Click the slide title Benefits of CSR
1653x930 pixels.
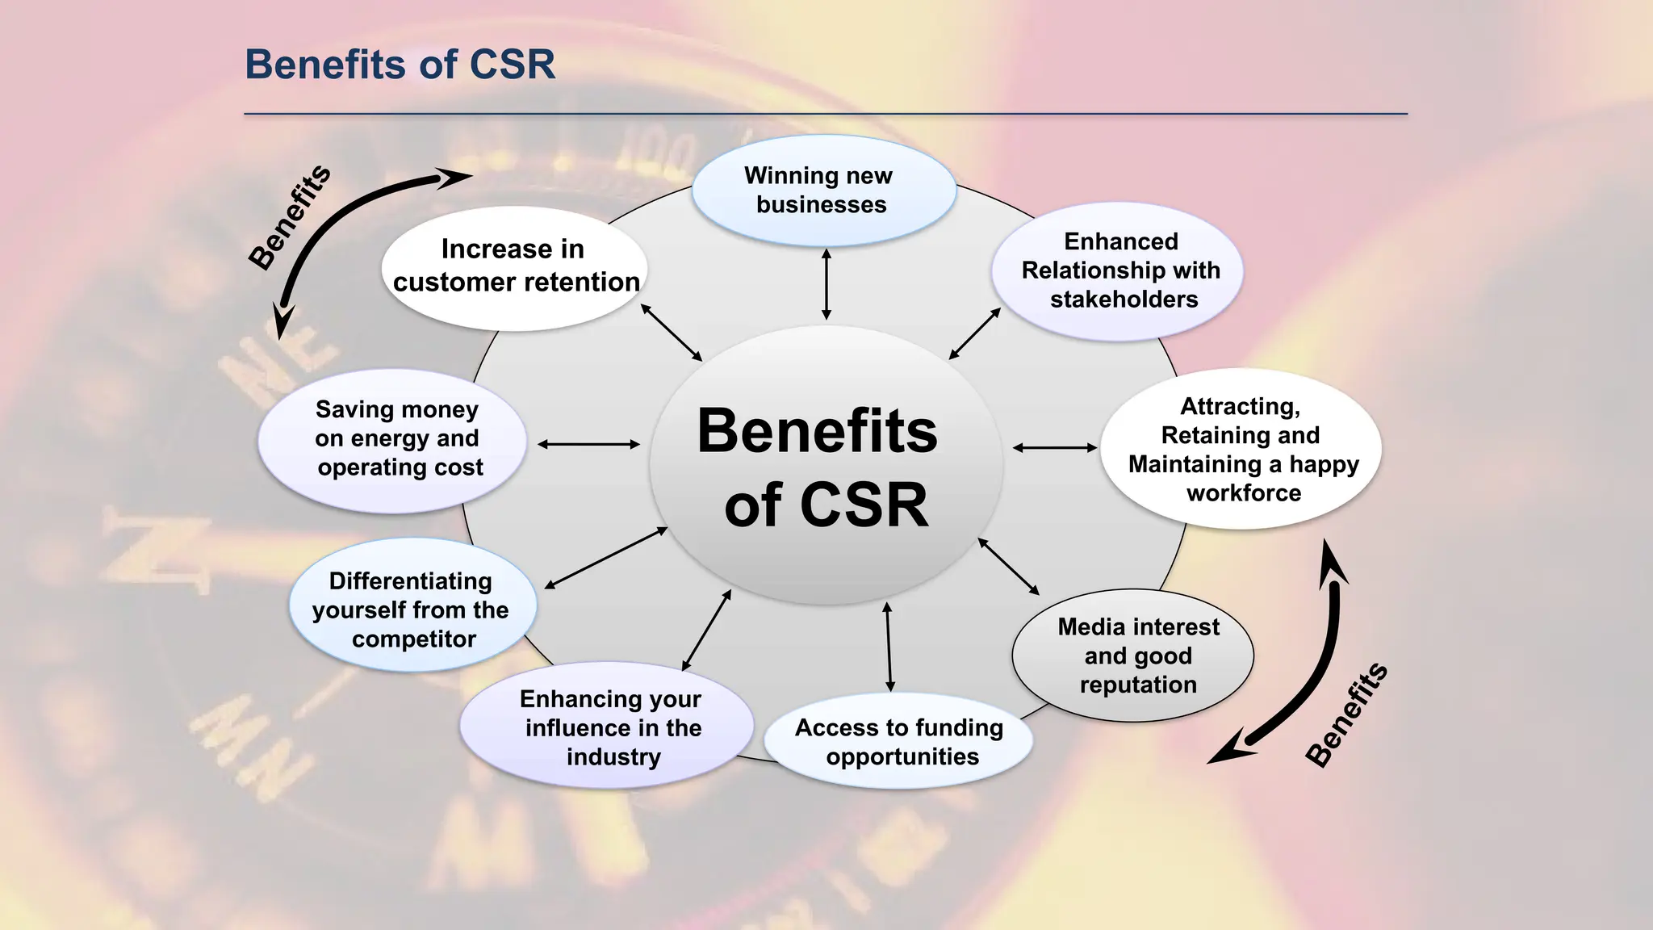coord(400,65)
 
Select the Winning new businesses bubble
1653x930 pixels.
coord(823,191)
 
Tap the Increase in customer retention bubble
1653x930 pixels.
coord(515,267)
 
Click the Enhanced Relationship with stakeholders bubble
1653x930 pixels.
coord(1119,270)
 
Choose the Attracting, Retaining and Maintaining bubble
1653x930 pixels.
coord(1241,450)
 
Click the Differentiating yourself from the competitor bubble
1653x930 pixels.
coord(412,607)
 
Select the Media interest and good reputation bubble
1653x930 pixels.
coord(1134,656)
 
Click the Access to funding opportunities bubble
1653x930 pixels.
coord(899,741)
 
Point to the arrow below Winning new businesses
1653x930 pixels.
coord(826,284)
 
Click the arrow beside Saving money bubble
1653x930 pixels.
coord(588,444)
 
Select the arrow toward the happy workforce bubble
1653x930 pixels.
coord(1054,447)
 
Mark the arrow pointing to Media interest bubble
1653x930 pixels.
coord(1009,567)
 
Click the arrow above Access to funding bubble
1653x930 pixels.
coord(889,647)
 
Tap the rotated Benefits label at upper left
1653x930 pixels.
coord(290,216)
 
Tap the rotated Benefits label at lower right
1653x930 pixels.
coord(1346,714)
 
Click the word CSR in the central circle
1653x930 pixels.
coord(864,505)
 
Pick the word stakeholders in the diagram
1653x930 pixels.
coord(1124,300)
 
